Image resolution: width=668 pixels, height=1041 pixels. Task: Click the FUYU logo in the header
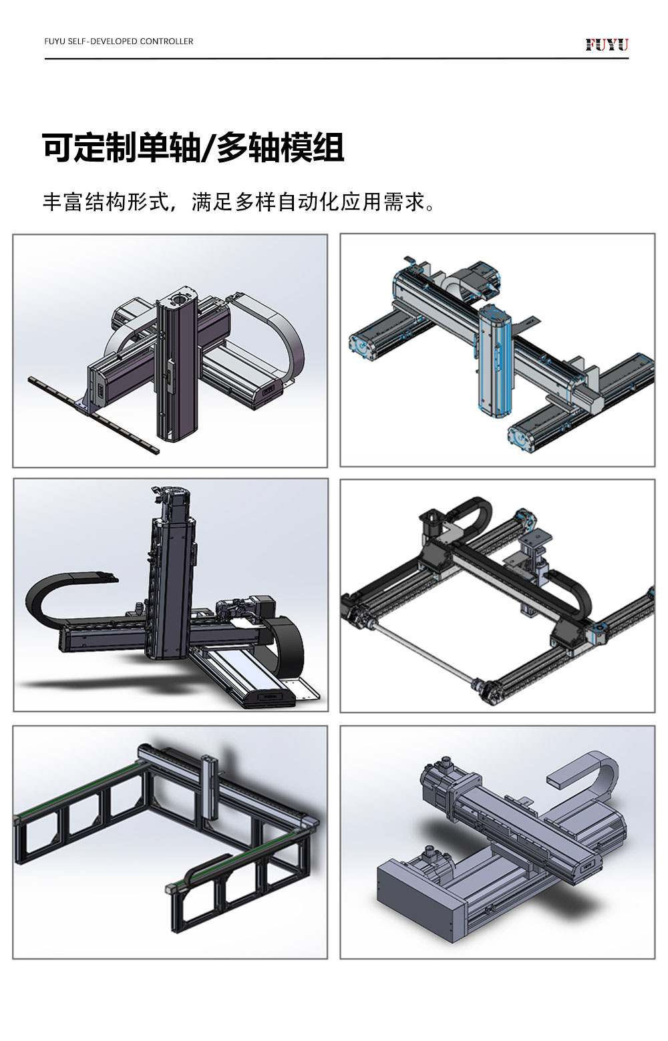pos(607,45)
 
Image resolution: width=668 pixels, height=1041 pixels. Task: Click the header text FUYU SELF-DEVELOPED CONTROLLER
pos(118,41)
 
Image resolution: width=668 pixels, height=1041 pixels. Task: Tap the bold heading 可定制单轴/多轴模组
pos(193,148)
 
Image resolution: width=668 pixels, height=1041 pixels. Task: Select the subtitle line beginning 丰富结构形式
pos(239,202)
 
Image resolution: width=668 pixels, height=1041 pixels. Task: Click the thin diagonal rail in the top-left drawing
pos(93,415)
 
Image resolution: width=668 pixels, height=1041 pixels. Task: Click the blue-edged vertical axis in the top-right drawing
pos(494,363)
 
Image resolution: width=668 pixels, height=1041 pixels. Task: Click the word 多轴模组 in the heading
pos(281,148)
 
